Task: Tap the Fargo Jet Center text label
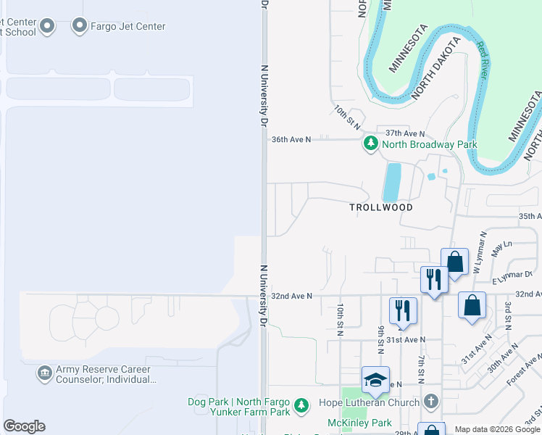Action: (x=128, y=27)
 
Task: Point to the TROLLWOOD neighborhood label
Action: (x=381, y=207)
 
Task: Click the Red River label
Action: (x=482, y=60)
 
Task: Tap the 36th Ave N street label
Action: (x=291, y=139)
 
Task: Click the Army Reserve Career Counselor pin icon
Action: (x=45, y=373)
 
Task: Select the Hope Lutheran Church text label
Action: (x=369, y=402)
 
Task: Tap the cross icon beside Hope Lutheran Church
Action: (x=431, y=402)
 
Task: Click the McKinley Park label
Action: (x=359, y=423)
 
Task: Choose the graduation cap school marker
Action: (x=375, y=379)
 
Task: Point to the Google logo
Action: (x=24, y=426)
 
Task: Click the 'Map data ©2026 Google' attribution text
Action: (x=497, y=429)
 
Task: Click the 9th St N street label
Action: (x=380, y=338)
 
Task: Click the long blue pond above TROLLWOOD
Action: (x=392, y=181)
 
